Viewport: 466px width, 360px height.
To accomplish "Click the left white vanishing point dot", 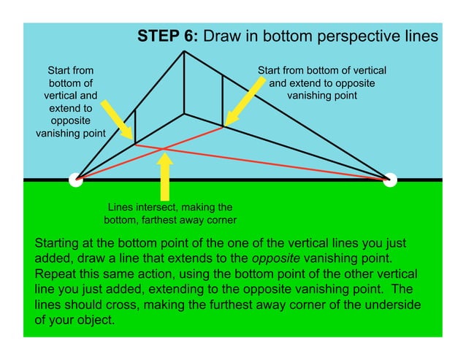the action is click(75, 180).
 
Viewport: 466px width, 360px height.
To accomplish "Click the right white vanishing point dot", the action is click(390, 180).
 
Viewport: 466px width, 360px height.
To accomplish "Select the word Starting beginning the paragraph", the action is click(59, 242).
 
